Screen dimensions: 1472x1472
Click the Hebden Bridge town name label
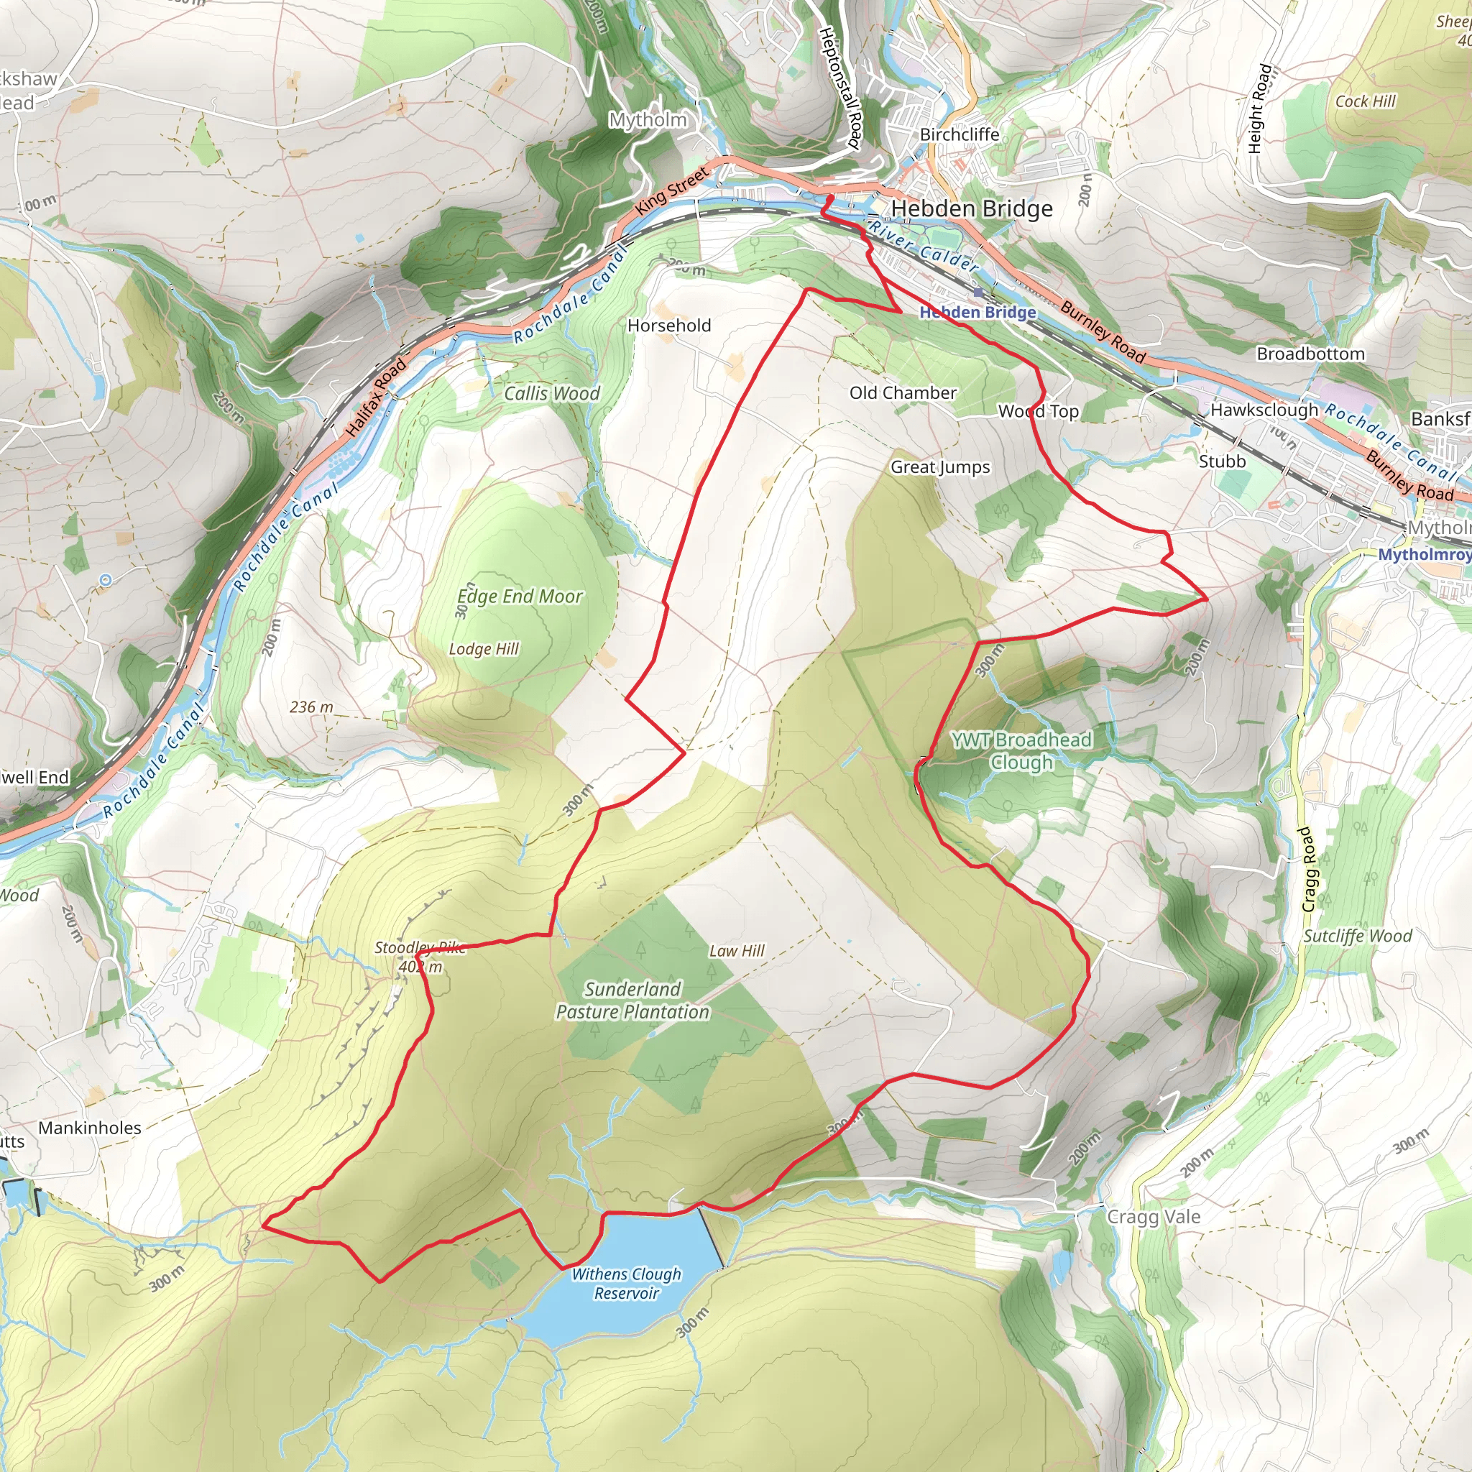(x=972, y=208)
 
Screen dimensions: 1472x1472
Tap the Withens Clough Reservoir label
(x=626, y=1283)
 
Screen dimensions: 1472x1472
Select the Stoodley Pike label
(x=420, y=948)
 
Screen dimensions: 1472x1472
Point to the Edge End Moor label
(x=520, y=597)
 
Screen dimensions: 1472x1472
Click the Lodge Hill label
(x=484, y=649)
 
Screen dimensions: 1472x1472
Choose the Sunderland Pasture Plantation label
(x=632, y=1000)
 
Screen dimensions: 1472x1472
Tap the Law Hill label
(x=737, y=951)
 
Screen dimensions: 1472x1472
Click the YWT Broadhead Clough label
(x=1021, y=750)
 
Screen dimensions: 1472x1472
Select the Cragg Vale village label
(x=1154, y=1217)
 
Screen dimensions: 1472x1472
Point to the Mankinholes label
(x=90, y=1128)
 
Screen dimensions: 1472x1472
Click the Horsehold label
(x=669, y=326)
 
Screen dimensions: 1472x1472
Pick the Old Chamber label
(x=903, y=393)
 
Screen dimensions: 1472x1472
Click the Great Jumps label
(x=940, y=467)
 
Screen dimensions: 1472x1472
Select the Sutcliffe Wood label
(x=1358, y=937)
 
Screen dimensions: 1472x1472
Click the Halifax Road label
(x=377, y=397)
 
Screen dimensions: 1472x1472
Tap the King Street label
(x=672, y=190)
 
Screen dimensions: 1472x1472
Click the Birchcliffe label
(x=960, y=135)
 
